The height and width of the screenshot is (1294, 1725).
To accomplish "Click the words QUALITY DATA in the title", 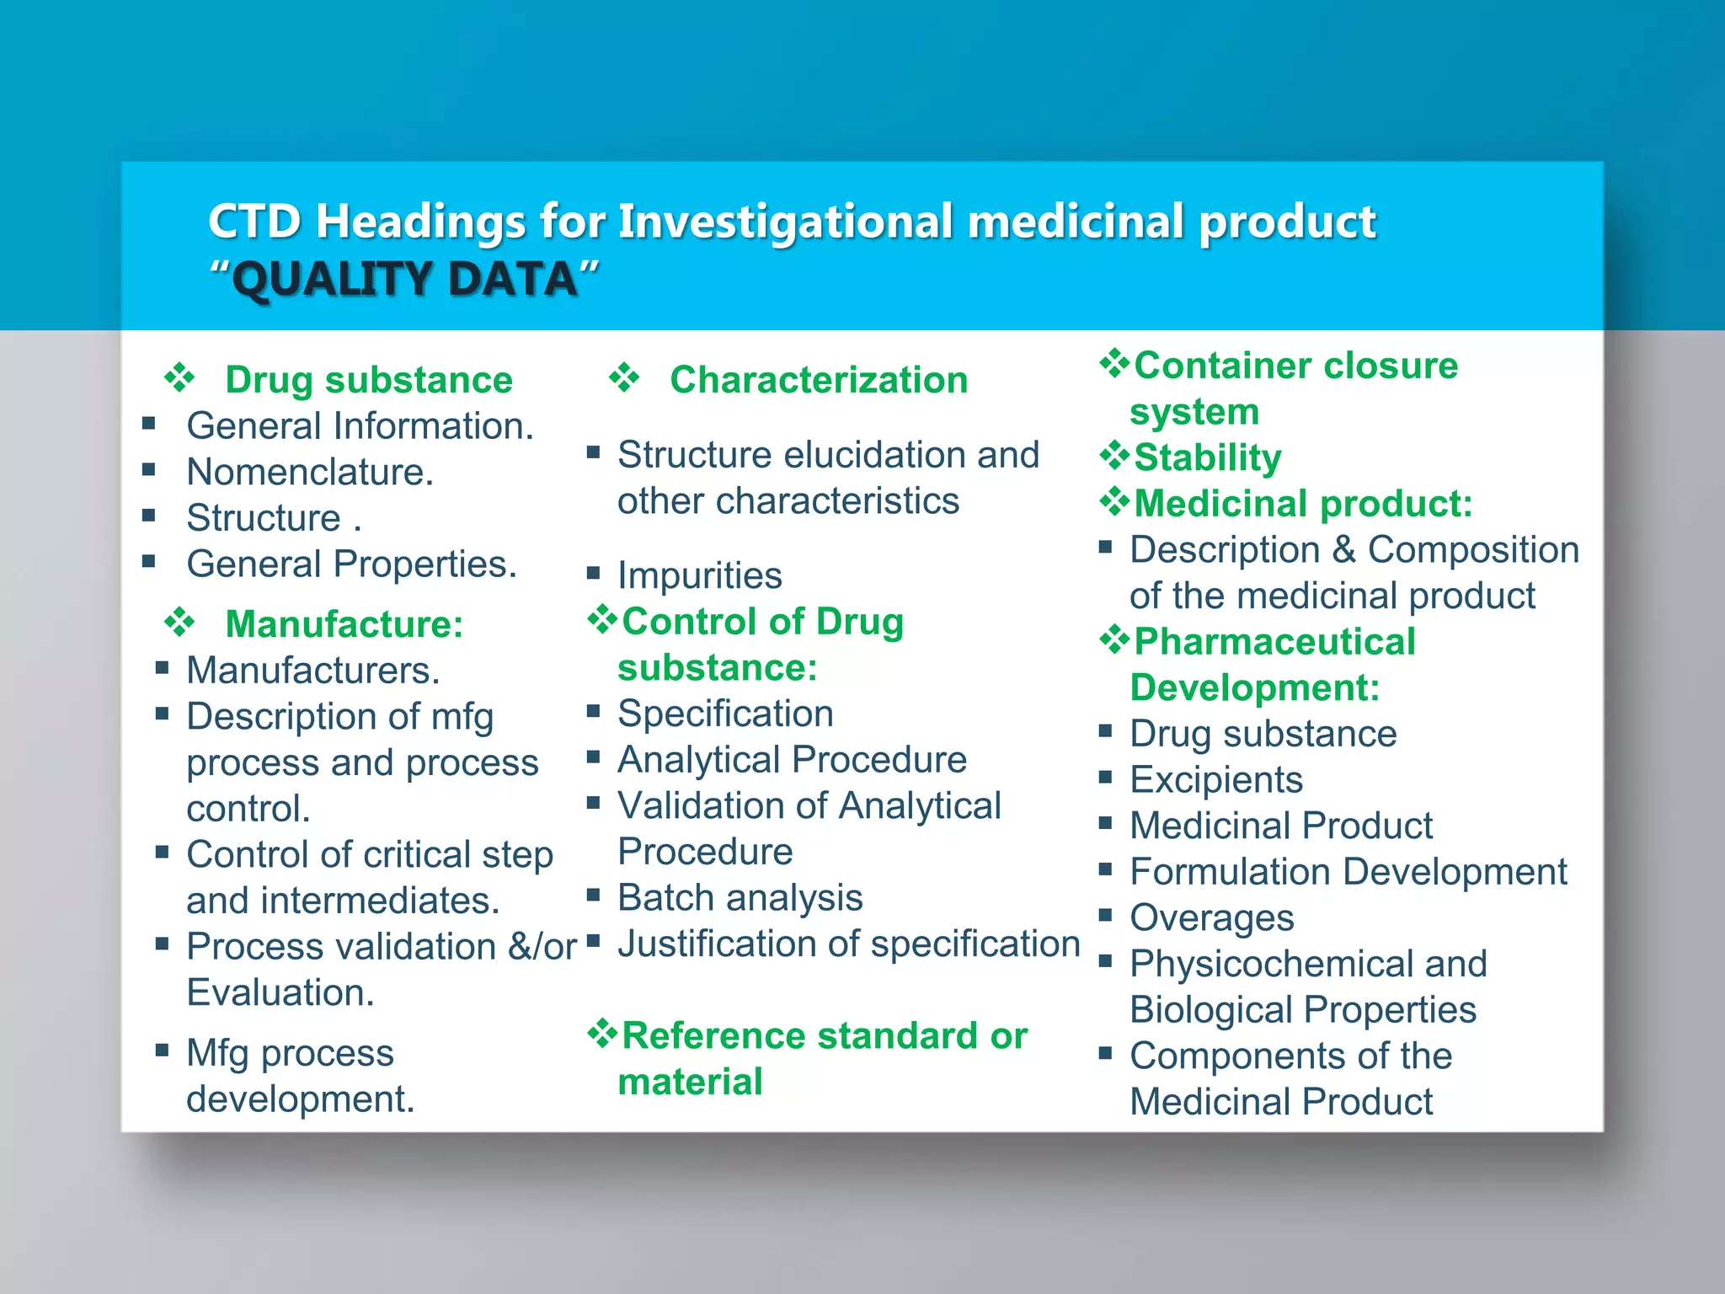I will pyautogui.click(x=404, y=280).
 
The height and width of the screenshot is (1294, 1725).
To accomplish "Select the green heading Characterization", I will pyautogui.click(x=818, y=380).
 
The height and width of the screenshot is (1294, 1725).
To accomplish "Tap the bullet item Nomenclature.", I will pyautogui.click(x=309, y=472).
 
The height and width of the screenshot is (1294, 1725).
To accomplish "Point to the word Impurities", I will pyautogui.click(x=699, y=576).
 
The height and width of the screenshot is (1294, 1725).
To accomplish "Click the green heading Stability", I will pyautogui.click(x=1207, y=458).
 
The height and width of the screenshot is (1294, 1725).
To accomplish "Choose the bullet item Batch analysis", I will pyautogui.click(x=740, y=898).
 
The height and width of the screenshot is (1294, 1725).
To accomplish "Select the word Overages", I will pyautogui.click(x=1211, y=918).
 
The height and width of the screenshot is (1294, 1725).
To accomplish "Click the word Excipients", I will pyautogui.click(x=1215, y=780).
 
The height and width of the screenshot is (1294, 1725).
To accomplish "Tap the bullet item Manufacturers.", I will pyautogui.click(x=312, y=671).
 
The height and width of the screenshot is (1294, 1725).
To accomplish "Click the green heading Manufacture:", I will pyautogui.click(x=344, y=625).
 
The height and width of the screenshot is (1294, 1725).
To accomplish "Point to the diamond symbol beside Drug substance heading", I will pyautogui.click(x=179, y=378).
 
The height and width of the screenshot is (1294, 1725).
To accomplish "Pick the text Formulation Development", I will pyautogui.click(x=1348, y=872).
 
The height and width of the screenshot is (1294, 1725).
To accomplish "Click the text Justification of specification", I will pyautogui.click(x=848, y=944).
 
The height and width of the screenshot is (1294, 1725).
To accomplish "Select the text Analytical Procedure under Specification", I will pyautogui.click(x=792, y=760).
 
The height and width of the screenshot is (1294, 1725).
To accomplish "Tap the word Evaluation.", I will pyautogui.click(x=280, y=993).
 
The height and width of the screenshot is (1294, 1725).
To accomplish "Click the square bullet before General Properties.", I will pyautogui.click(x=149, y=562).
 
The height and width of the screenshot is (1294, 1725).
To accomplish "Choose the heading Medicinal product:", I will pyautogui.click(x=1303, y=505).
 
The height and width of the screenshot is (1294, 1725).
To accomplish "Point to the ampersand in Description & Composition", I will pyautogui.click(x=1344, y=550).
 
